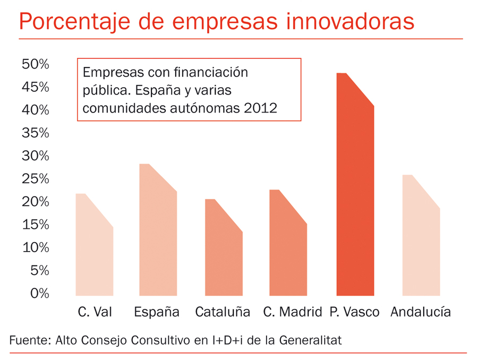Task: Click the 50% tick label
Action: click(35, 64)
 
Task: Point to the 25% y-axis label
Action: click(35, 179)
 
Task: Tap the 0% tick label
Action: click(38, 294)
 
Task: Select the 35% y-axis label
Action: click(35, 133)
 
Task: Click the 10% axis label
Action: click(35, 248)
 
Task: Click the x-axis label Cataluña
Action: click(223, 312)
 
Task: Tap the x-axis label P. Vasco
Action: click(354, 312)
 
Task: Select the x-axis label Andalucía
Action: click(421, 312)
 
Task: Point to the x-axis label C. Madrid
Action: click(293, 312)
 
